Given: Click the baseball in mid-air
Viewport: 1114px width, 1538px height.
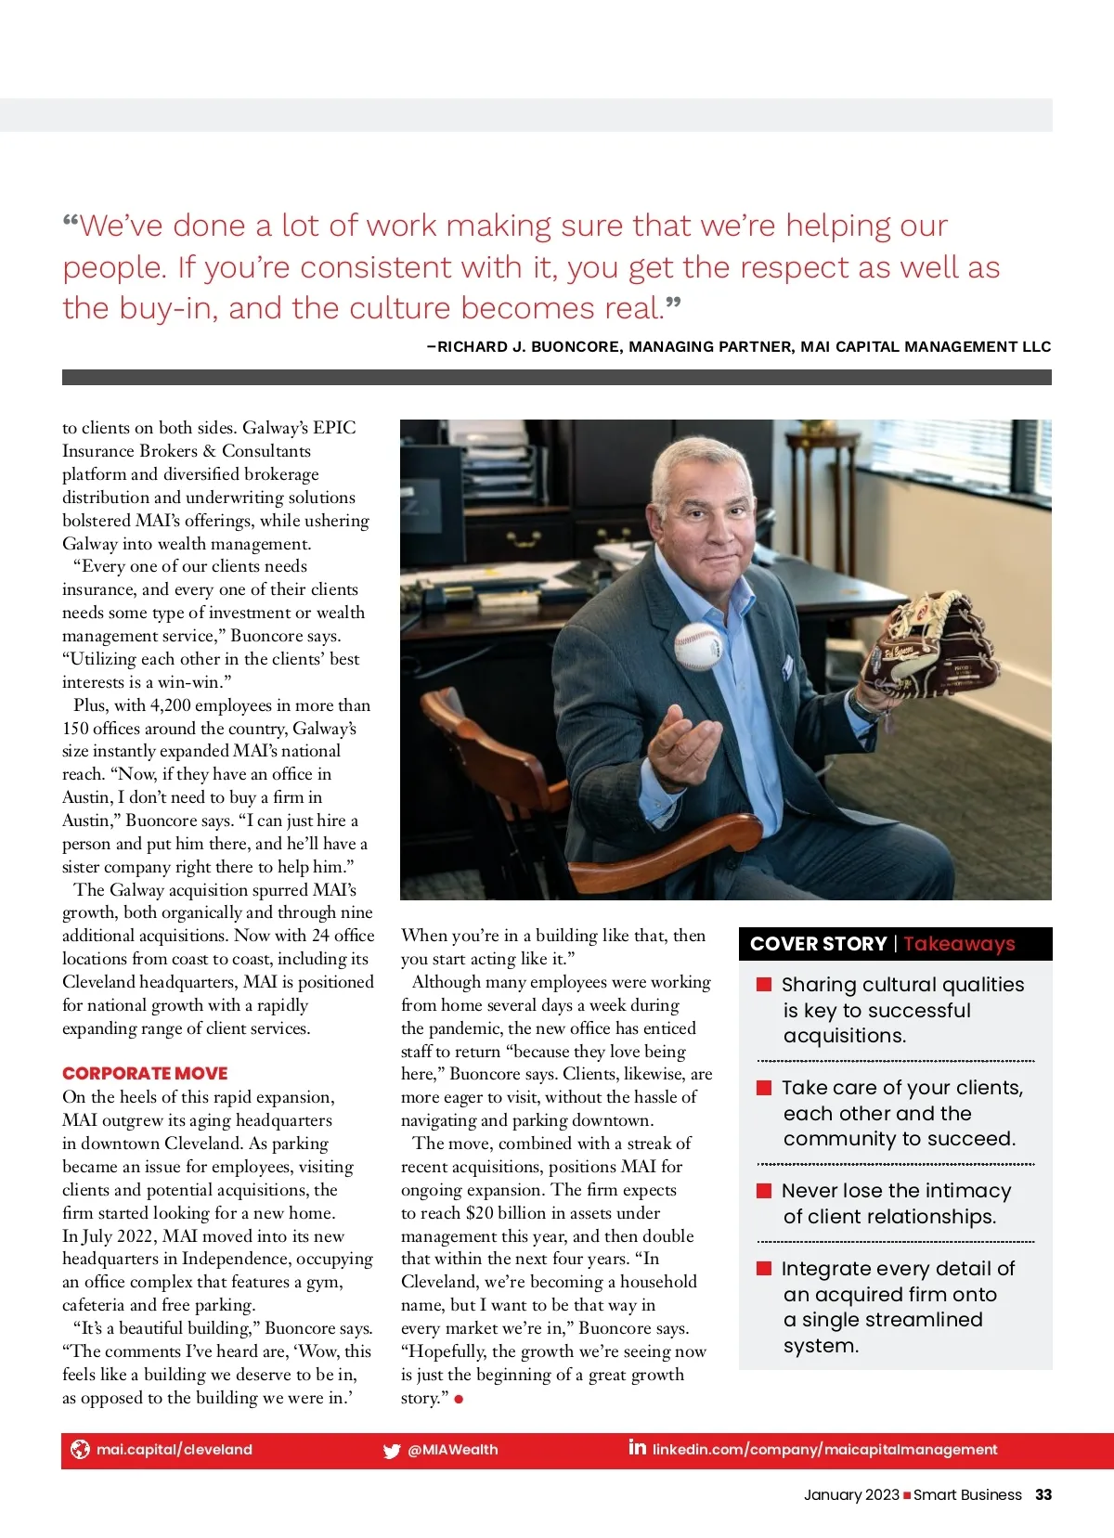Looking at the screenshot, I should [x=697, y=646].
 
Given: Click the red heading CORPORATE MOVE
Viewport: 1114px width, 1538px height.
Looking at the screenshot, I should [x=145, y=1073].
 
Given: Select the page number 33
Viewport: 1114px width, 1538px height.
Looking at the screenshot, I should [x=1043, y=1494].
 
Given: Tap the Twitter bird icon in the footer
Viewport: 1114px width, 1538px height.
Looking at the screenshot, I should [x=392, y=1451].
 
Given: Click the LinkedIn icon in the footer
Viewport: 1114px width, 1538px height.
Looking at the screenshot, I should [x=637, y=1447].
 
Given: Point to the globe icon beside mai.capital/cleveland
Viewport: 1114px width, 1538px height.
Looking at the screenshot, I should [x=81, y=1449].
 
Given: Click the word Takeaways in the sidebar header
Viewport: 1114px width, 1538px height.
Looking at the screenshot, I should [x=959, y=944].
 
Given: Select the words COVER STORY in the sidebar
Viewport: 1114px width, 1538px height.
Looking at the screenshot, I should [x=818, y=944].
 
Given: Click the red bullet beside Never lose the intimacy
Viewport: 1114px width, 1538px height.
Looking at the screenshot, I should [x=764, y=1191].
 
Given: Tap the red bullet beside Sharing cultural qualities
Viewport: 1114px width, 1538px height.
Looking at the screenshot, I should [x=764, y=985].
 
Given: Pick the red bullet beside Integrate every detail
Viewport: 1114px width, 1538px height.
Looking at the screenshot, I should [x=764, y=1269].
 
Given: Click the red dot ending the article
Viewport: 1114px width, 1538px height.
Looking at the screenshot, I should [x=459, y=1399].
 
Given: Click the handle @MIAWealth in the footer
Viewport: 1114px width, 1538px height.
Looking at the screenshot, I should [x=453, y=1450].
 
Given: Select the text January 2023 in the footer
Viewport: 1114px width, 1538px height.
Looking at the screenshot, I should [x=851, y=1494].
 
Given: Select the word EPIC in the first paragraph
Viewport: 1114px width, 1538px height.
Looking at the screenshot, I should [x=334, y=428].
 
